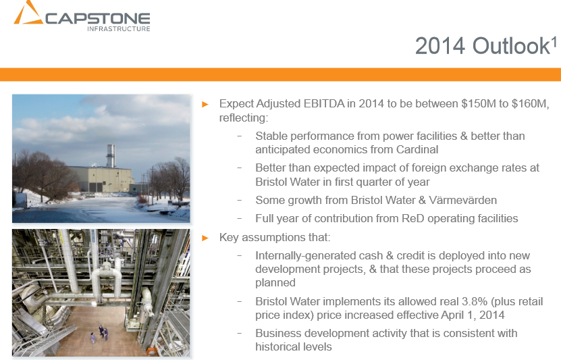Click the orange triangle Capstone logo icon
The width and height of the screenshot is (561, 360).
pos(28,14)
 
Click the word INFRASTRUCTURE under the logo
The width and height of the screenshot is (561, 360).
pos(119,28)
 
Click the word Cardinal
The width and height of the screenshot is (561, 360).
pos(417,149)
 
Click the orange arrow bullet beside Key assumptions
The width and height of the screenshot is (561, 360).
pos(206,238)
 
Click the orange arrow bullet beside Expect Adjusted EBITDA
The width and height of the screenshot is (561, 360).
pos(206,104)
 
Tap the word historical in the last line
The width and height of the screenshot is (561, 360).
pos(279,346)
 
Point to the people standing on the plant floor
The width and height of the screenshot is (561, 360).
pos(101,332)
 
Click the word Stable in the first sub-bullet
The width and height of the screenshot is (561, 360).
pos(271,136)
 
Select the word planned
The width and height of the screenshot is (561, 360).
pos(275,283)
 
